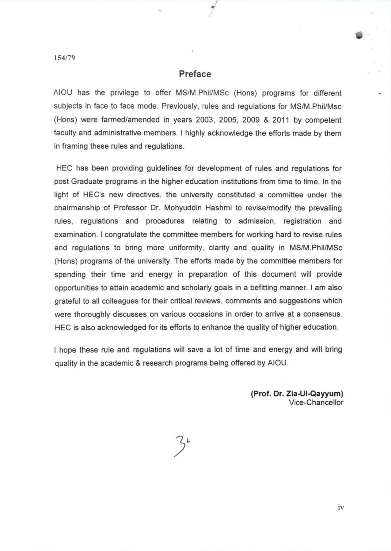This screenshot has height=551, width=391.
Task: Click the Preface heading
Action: [195, 74]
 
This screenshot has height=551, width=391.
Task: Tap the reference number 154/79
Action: [64, 58]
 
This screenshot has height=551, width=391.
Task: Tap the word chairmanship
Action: [77, 208]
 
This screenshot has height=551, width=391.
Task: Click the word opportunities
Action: [78, 288]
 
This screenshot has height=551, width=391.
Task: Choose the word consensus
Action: [322, 314]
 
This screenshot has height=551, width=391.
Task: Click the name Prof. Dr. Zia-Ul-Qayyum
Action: [297, 394]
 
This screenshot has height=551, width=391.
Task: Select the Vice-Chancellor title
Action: [316, 403]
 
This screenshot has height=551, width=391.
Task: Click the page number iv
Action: [341, 508]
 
